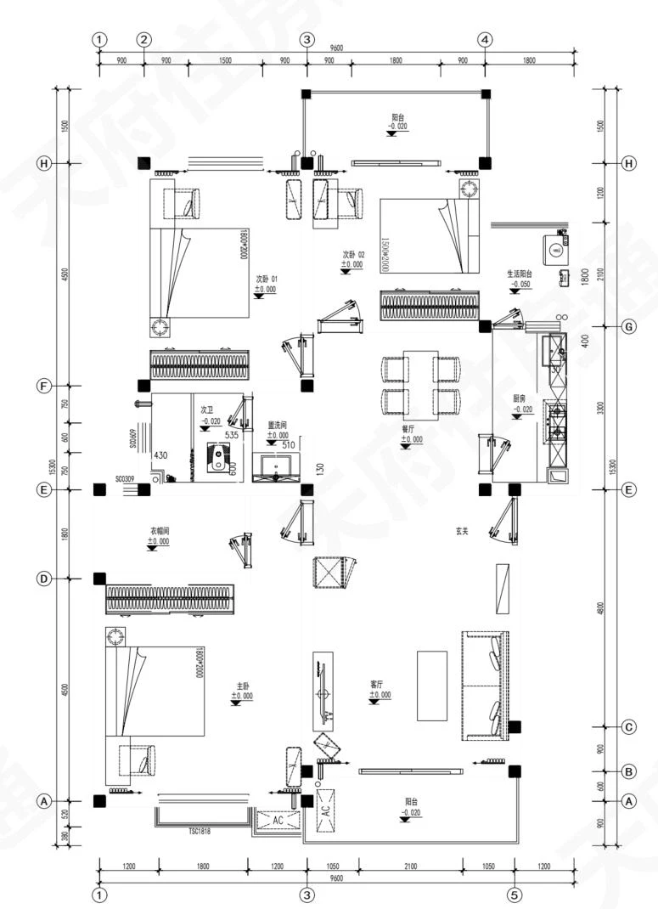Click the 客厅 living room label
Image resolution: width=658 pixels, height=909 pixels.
click(x=380, y=683)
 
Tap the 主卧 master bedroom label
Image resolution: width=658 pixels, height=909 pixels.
click(x=242, y=685)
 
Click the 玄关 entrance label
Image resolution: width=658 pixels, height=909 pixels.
click(x=462, y=531)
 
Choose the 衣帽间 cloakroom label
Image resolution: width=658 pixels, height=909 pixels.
click(x=159, y=530)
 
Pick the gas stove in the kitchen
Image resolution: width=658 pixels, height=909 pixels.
click(x=556, y=421)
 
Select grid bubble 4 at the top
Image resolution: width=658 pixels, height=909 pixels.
click(x=485, y=40)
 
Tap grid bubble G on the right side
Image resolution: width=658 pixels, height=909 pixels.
click(x=629, y=326)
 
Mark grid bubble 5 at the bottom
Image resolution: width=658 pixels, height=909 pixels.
click(x=514, y=894)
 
